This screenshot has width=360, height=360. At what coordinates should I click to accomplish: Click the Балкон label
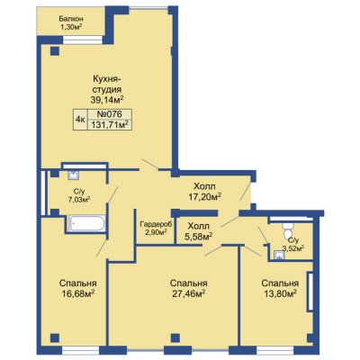pos(71,19)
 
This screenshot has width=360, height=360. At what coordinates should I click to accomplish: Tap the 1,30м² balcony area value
pos(71,27)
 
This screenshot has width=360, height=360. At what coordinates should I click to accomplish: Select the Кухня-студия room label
pos(107,85)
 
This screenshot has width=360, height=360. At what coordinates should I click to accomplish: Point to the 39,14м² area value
pos(107,99)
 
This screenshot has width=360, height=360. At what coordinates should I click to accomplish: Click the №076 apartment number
pos(109,114)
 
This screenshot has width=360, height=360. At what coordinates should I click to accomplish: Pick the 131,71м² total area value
pos(109,124)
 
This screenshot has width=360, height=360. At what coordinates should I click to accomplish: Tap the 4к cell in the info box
pos(80,120)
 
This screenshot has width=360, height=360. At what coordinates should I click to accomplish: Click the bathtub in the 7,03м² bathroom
pos(87,223)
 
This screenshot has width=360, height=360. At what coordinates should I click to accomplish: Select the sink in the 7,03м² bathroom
pos(73,175)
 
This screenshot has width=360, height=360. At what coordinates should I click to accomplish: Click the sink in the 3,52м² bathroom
pos(279,255)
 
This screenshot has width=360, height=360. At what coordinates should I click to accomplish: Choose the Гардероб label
pos(156,224)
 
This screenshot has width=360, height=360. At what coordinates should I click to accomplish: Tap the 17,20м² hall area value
pos(204,196)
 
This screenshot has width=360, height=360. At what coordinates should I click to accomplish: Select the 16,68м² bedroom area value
pos(78,292)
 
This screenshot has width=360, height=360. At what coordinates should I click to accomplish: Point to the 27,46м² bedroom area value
pos(189,293)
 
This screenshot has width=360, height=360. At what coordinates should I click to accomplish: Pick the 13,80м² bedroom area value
pos(280,293)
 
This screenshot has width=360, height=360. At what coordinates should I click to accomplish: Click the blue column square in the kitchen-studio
pos(54,51)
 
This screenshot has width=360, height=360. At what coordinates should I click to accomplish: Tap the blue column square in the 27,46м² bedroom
pos(175,337)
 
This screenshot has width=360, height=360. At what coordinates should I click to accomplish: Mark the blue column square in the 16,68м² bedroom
pos(54,337)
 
